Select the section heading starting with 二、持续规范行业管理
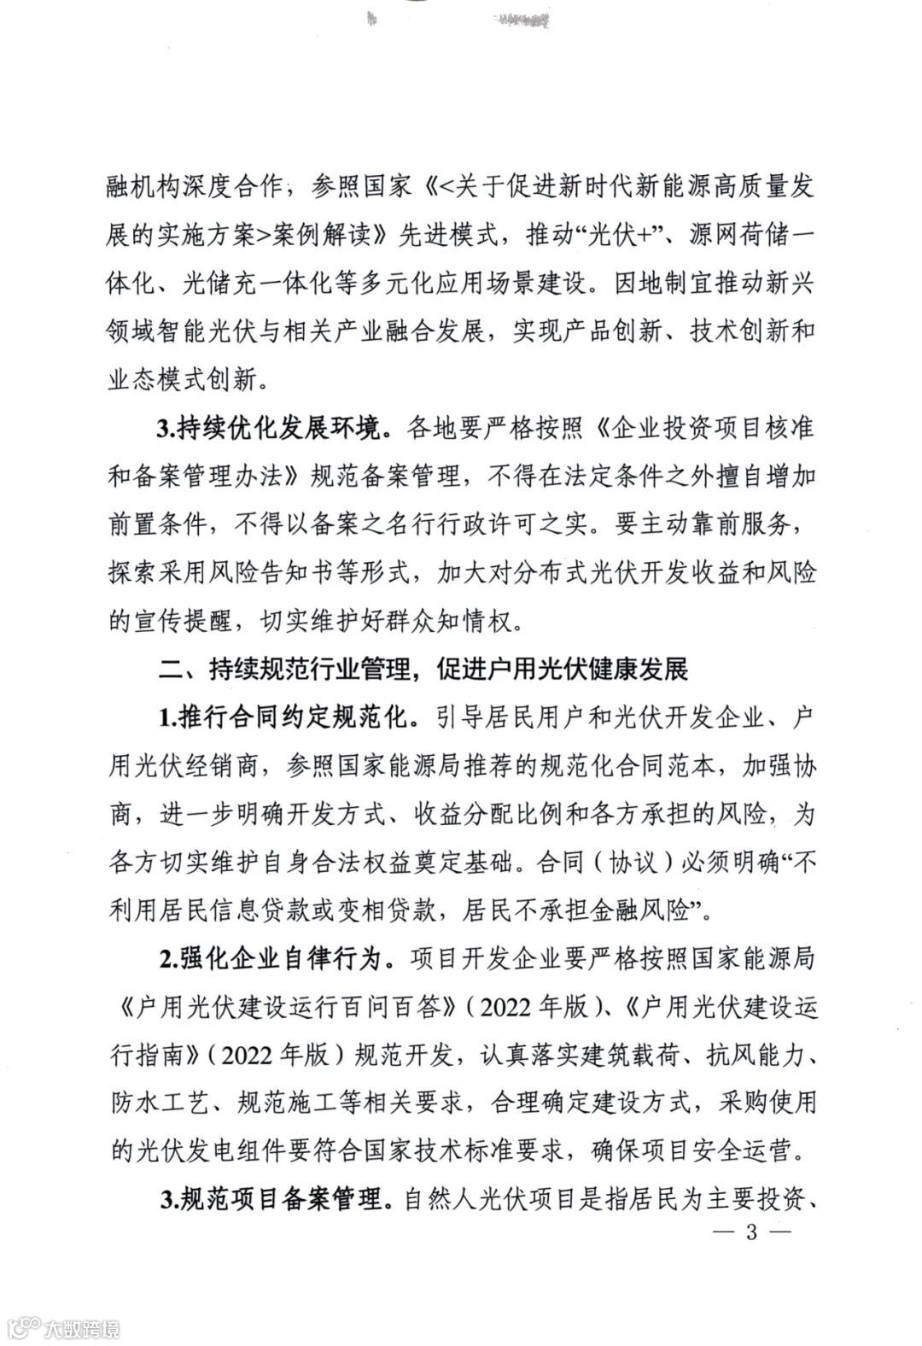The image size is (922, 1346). click(x=423, y=669)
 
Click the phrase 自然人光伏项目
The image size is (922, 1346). click(x=487, y=1200)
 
